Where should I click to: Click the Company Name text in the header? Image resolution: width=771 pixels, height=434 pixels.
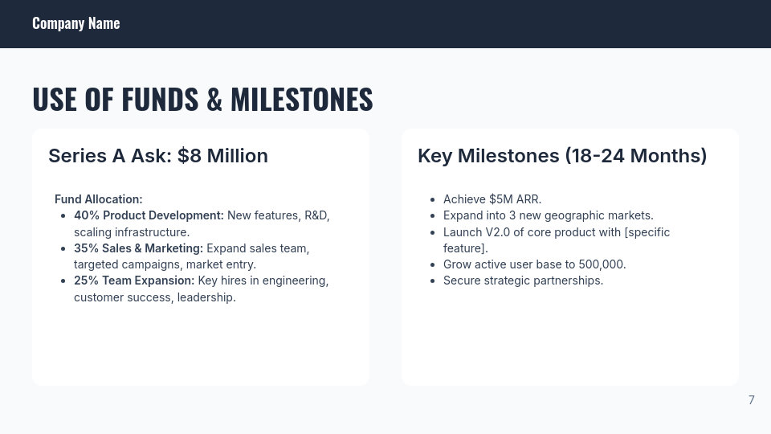point(75,23)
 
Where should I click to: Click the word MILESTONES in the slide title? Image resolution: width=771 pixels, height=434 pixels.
point(301,100)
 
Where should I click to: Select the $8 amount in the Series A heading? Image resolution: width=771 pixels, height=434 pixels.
point(190,156)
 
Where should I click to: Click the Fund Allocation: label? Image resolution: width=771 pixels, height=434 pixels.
point(98,199)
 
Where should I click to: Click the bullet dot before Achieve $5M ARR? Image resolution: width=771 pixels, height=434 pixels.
point(433,200)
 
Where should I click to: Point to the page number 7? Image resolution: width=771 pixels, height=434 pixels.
point(751,400)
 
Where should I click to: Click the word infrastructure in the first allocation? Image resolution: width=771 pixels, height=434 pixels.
point(152,232)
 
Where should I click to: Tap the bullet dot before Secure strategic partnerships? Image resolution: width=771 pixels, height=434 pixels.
point(433,281)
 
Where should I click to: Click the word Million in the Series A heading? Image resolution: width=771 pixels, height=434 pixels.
point(237,156)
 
